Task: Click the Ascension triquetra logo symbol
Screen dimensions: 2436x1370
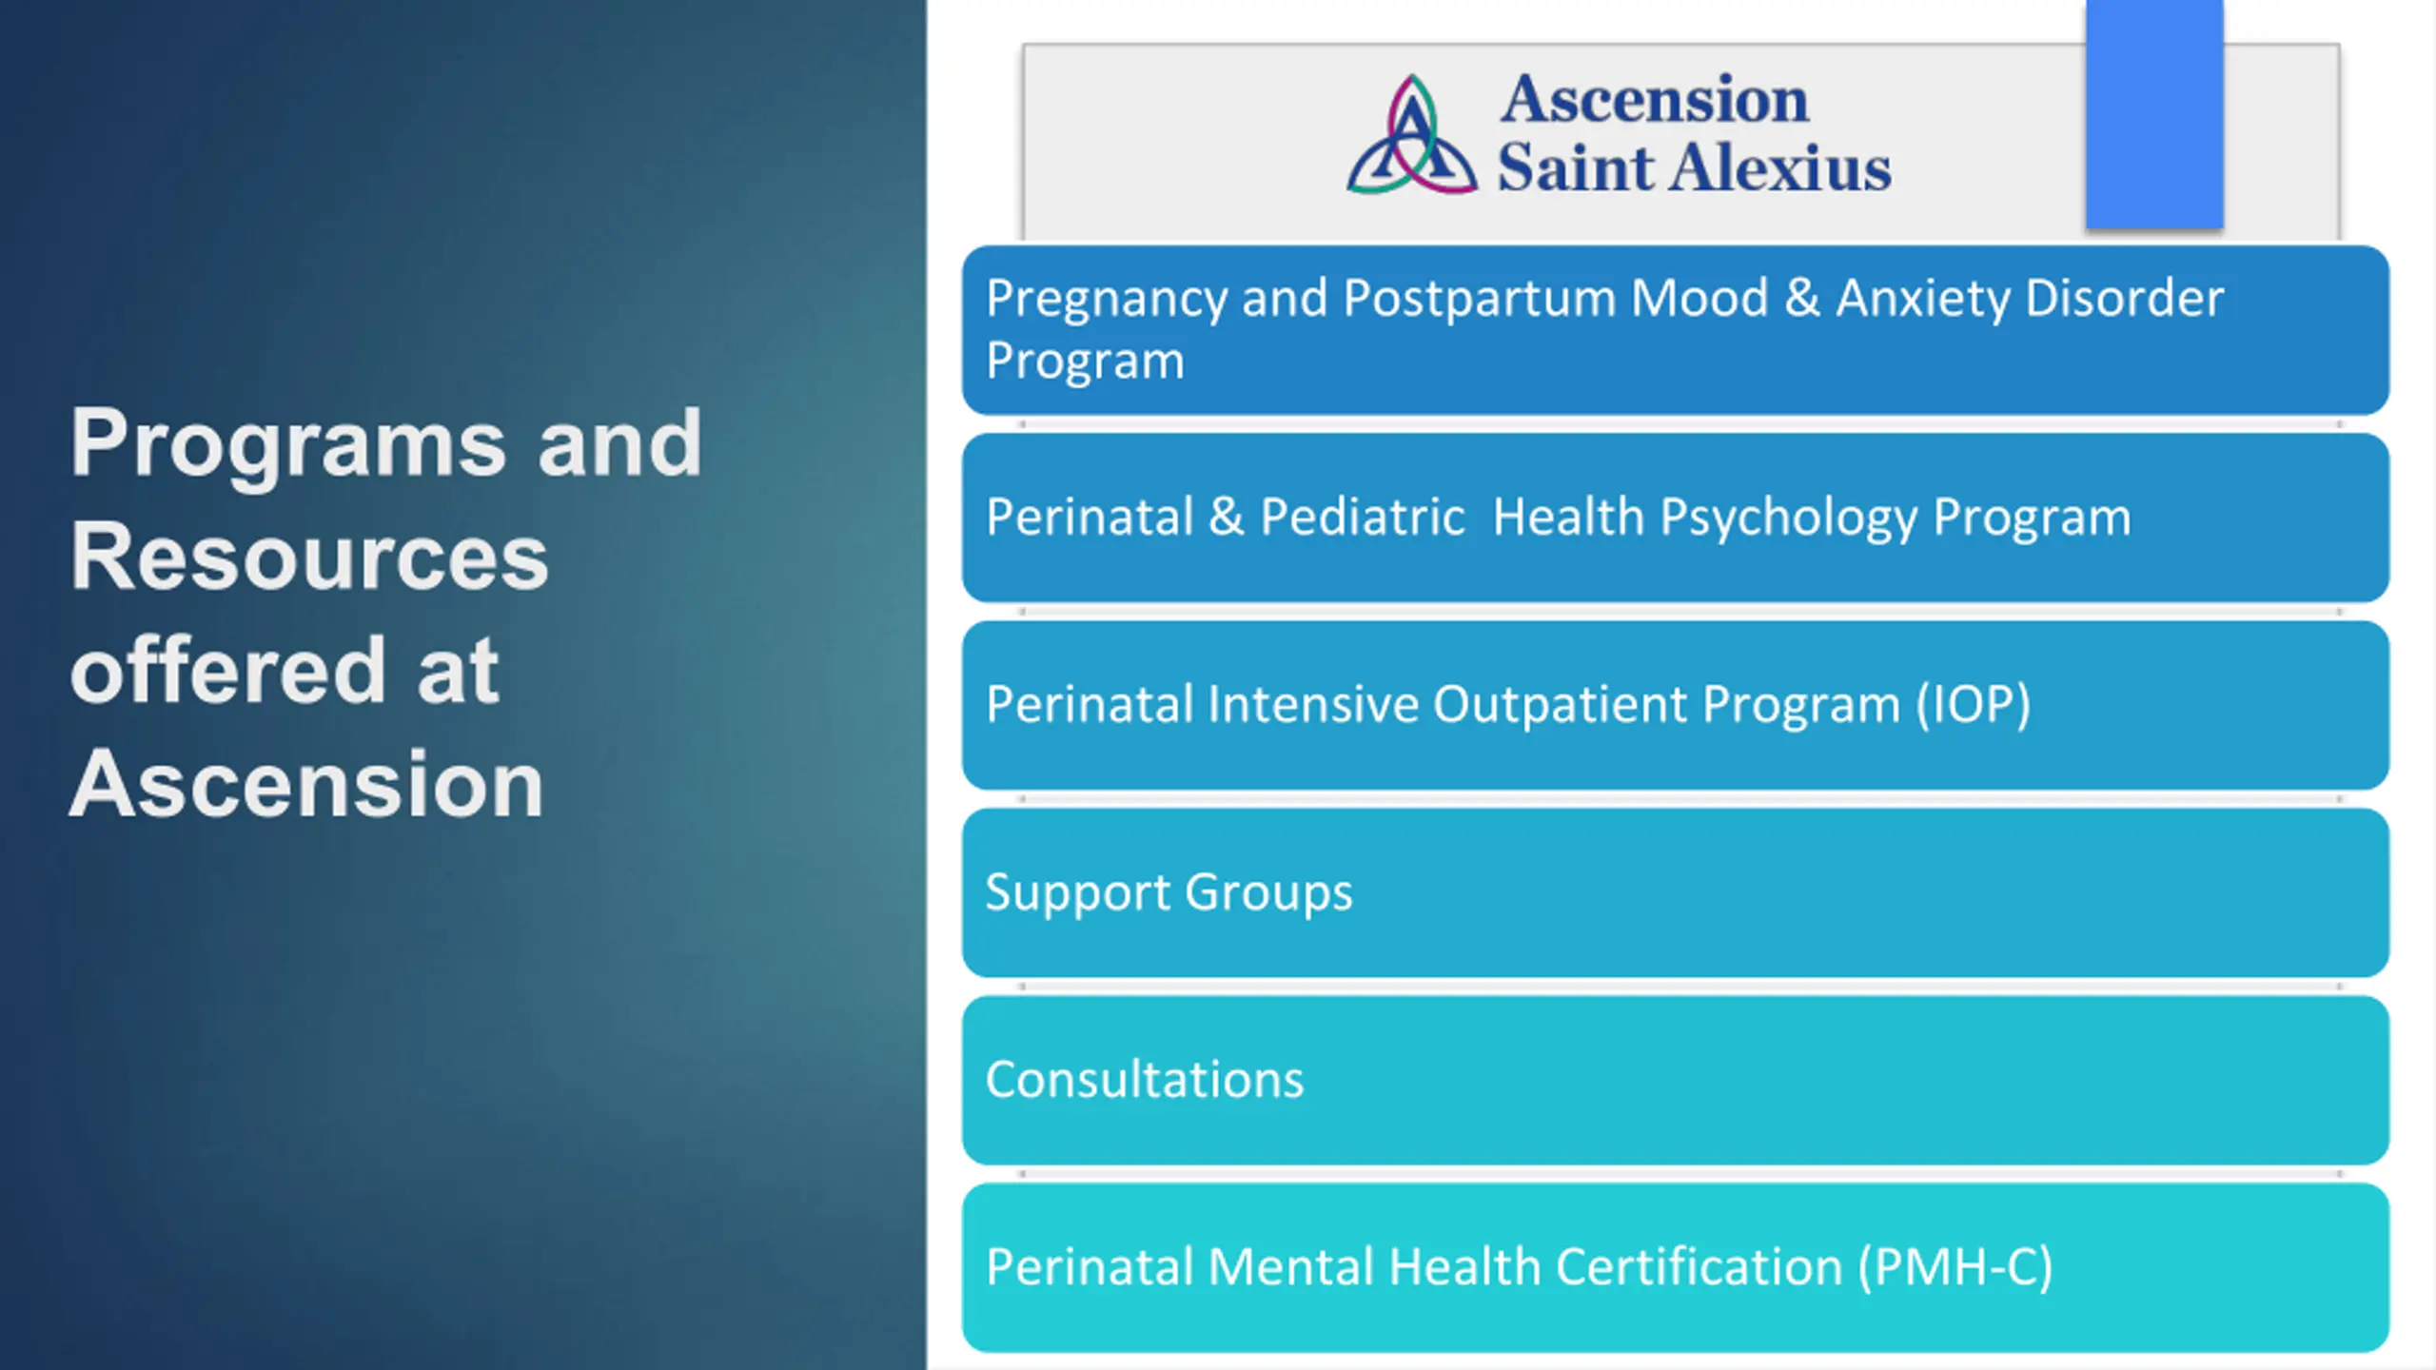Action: (x=1412, y=135)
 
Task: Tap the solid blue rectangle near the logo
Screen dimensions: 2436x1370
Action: (x=2154, y=114)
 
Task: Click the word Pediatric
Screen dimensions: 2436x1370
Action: (x=1363, y=517)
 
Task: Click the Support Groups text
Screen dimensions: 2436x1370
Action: (x=1169, y=893)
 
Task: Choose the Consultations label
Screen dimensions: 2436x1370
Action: (x=1145, y=1080)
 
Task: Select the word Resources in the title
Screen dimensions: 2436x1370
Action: (x=309, y=558)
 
